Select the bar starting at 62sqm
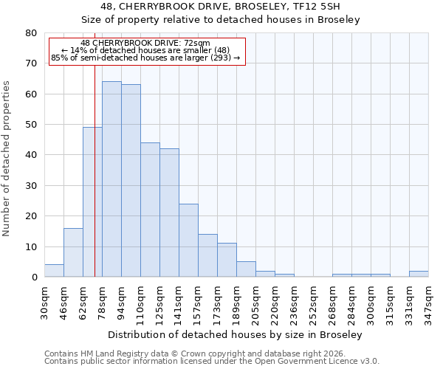pyautogui.click(x=92, y=202)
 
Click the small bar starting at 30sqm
pyautogui.click(x=54, y=271)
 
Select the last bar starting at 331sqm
pyautogui.click(x=419, y=274)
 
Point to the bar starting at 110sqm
pyautogui.click(x=150, y=210)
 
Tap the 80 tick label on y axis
pyautogui.click(x=31, y=33)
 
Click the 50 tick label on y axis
pyautogui.click(x=31, y=125)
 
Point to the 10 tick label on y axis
pyautogui.click(x=31, y=246)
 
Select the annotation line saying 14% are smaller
pyautogui.click(x=145, y=50)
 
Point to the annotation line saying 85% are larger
pyautogui.click(x=145, y=58)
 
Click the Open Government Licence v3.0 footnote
pyautogui.click(x=212, y=362)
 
